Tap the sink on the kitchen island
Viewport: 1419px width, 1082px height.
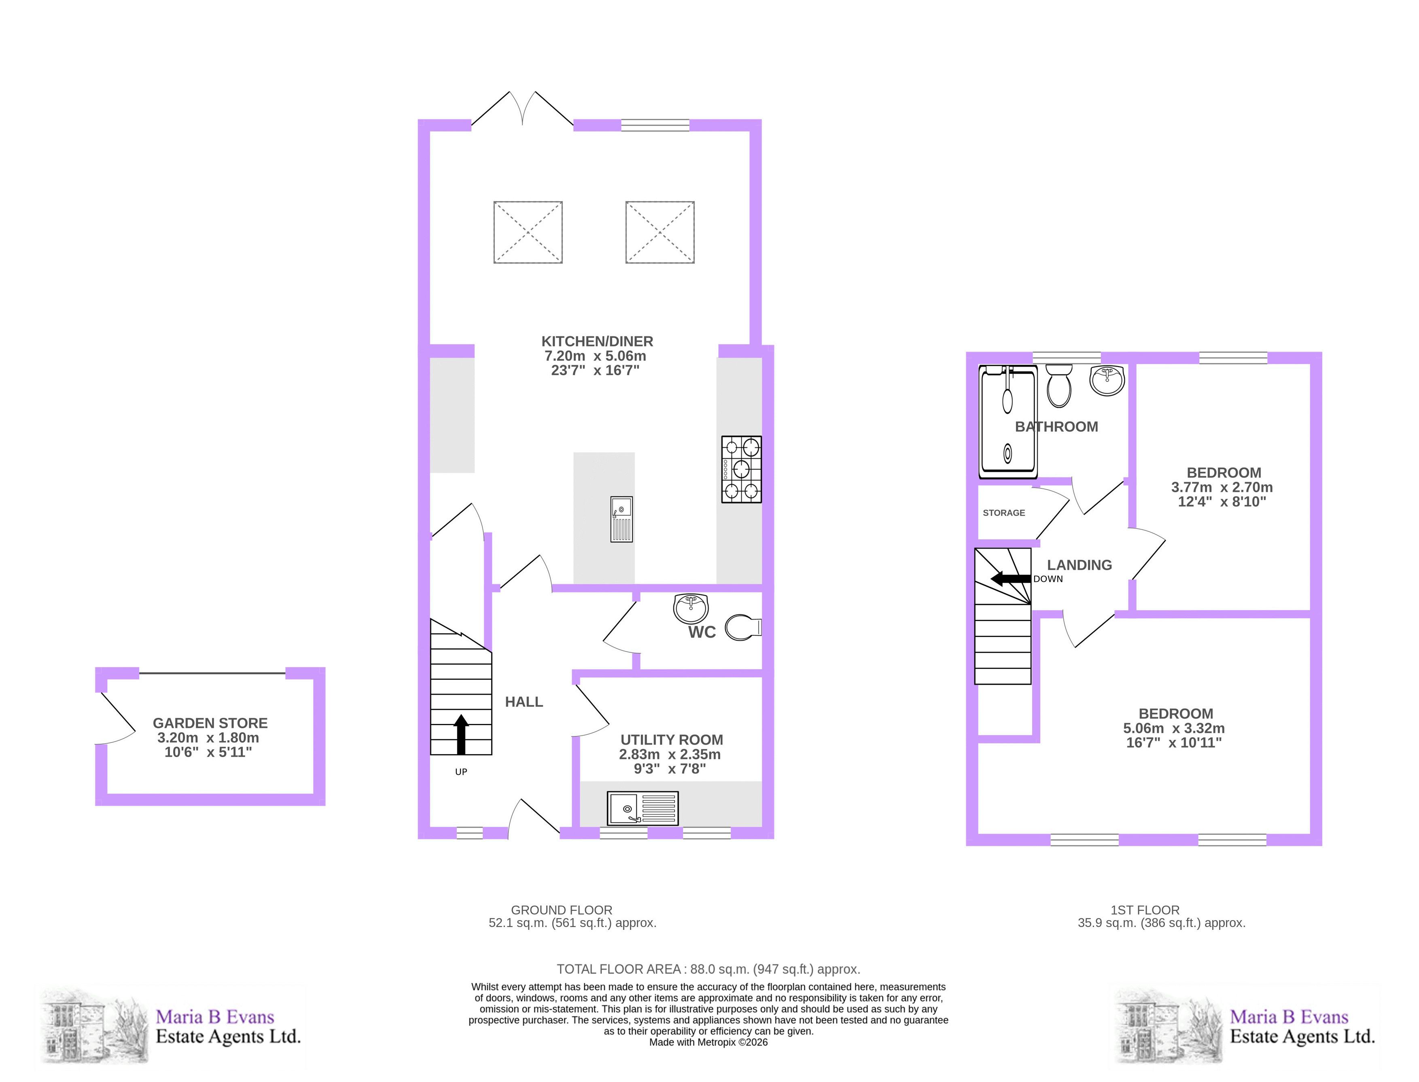click(x=621, y=519)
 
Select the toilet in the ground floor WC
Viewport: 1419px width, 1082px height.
click(x=743, y=627)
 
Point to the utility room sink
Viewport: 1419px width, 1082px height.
click(x=643, y=808)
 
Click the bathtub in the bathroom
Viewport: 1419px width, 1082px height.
click(x=1008, y=422)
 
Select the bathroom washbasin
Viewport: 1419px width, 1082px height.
click(x=1107, y=380)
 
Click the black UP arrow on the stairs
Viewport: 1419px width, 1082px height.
click(x=461, y=734)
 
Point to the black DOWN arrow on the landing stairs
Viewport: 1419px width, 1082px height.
click(x=1010, y=578)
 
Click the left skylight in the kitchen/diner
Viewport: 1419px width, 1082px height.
click(x=528, y=232)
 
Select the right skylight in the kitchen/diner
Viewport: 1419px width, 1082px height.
click(x=660, y=232)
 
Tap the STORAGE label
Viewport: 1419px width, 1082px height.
click(x=1004, y=513)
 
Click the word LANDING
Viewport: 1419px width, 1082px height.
click(x=1079, y=565)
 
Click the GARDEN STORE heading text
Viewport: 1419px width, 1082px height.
click(x=210, y=723)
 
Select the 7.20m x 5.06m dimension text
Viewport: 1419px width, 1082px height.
click(x=595, y=356)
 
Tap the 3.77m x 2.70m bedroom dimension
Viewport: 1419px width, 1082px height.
click(x=1222, y=487)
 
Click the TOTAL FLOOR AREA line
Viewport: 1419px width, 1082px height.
click(x=708, y=969)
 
